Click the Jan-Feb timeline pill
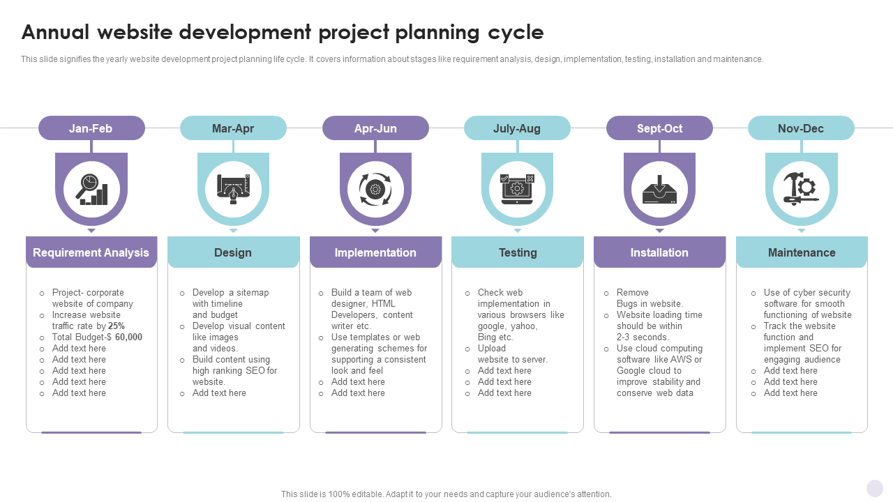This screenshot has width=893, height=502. coord(91,128)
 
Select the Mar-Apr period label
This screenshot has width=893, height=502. coord(233,128)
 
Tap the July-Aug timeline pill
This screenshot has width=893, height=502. coord(517,128)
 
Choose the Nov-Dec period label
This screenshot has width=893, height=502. coord(800,128)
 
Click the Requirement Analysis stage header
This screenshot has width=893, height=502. coord(91,252)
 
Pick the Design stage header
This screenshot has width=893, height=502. coord(233,252)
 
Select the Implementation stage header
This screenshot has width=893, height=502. coord(375,252)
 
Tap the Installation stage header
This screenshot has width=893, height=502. coord(659,252)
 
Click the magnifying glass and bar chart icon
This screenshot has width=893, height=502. coord(91,189)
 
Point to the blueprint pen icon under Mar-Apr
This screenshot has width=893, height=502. coord(233,189)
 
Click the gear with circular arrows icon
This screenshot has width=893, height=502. coord(375,189)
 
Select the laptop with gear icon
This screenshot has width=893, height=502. coord(517,189)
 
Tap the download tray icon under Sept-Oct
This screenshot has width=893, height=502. coord(659,190)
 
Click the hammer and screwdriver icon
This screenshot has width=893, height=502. coord(802,189)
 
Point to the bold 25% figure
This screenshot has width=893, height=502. coord(117,326)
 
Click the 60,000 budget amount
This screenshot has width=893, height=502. coord(128,337)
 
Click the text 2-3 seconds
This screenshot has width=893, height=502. coord(643,337)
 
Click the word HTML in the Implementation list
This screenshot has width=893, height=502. coord(383,303)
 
